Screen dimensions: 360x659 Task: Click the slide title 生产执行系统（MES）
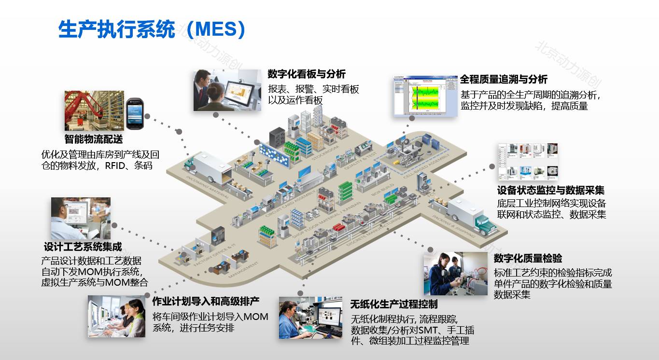(x=152, y=29)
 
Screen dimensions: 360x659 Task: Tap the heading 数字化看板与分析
(x=307, y=74)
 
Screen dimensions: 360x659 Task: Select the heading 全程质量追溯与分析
(x=504, y=79)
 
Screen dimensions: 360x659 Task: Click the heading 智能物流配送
(x=94, y=139)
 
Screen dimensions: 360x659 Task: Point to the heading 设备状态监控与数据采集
(x=551, y=190)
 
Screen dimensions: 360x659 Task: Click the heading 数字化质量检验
(x=528, y=258)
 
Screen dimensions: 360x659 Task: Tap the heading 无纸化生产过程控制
(x=394, y=304)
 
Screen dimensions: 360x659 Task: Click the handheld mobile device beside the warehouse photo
(x=136, y=114)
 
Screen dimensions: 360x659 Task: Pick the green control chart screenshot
(x=425, y=97)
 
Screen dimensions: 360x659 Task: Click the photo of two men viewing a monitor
(x=227, y=90)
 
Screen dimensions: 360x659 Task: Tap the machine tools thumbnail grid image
(x=528, y=162)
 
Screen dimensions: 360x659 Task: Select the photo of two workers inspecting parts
(x=455, y=273)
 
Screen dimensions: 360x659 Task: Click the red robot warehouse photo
(x=94, y=111)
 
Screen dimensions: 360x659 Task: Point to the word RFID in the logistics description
(x=118, y=166)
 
